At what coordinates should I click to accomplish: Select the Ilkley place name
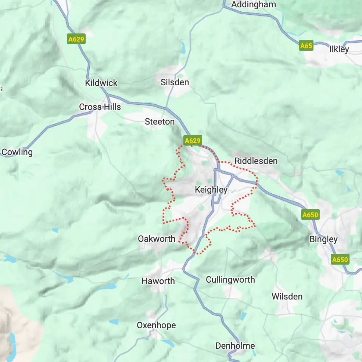[x=339, y=49]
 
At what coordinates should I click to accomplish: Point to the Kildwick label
[x=101, y=83]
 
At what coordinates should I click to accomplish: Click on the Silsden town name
[x=175, y=82]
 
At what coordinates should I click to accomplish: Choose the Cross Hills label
[x=100, y=107]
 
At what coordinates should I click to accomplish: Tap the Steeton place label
[x=160, y=122]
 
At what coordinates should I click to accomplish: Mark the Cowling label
[x=17, y=152]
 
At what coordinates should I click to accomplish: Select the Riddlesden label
[x=256, y=161]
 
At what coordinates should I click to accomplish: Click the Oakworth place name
[x=157, y=239]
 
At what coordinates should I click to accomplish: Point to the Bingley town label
[x=323, y=239]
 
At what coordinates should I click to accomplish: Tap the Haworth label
[x=158, y=281]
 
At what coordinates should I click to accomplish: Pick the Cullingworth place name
[x=230, y=280]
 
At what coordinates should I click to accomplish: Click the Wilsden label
[x=287, y=297]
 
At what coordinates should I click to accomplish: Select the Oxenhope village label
[x=156, y=325]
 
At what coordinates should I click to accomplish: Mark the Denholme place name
[x=235, y=346]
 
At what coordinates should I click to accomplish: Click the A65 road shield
[x=306, y=46]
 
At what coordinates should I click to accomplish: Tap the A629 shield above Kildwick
[x=76, y=39]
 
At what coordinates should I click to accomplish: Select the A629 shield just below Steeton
[x=193, y=140]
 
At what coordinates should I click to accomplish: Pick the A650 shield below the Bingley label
[x=340, y=260]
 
